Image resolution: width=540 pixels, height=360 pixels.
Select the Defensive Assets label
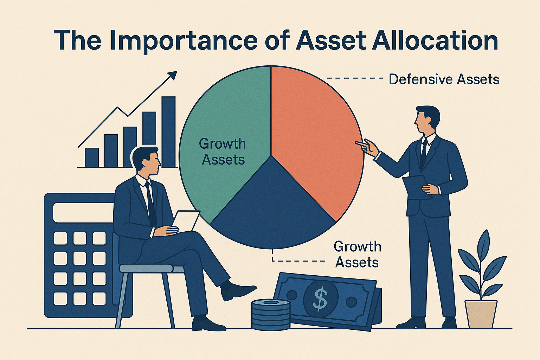pyautogui.click(x=444, y=79)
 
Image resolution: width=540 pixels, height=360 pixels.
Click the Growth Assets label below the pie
pyautogui.click(x=357, y=255)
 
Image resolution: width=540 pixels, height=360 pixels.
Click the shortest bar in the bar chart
pyautogui.click(x=92, y=157)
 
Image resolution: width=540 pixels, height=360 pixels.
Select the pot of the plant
pyautogui.click(x=481, y=314)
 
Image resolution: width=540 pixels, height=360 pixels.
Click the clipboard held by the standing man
pyautogui.click(x=417, y=187)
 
